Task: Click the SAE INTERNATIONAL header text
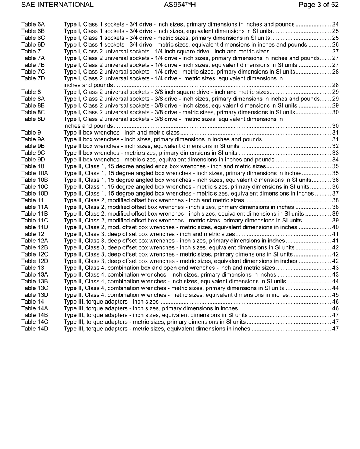[57, 5]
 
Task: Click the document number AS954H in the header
[180, 5]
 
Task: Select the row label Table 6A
[33, 24]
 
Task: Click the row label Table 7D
[33, 78]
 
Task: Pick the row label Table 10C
[35, 187]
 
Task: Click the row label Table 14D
[35, 329]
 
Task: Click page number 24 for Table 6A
[335, 24]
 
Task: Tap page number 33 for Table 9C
[335, 153]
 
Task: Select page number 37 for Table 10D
[335, 194]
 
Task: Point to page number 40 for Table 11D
[335, 227]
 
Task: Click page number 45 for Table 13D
[335, 295]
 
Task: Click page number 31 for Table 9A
[335, 139]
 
